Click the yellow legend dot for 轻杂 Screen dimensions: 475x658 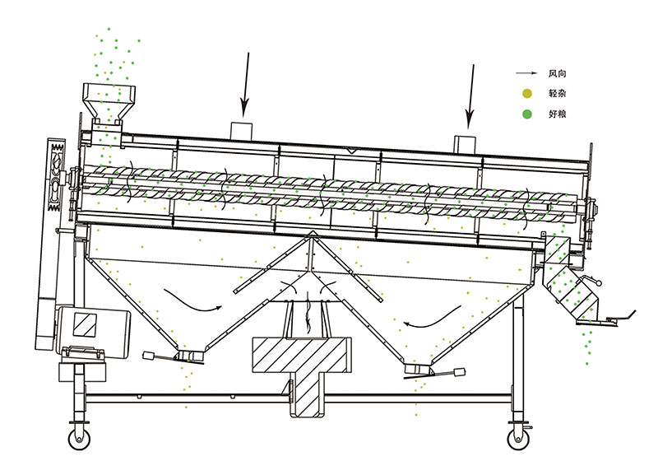coord(526,94)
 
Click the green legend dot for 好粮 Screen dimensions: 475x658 coord(526,113)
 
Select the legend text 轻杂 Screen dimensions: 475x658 coord(557,94)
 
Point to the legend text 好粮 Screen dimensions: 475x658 coord(557,113)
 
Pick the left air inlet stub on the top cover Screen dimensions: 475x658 coord(243,130)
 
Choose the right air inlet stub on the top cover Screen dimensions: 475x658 coord(466,142)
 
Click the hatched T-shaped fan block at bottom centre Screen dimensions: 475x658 coord(304,366)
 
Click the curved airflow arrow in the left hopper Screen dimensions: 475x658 coord(193,300)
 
